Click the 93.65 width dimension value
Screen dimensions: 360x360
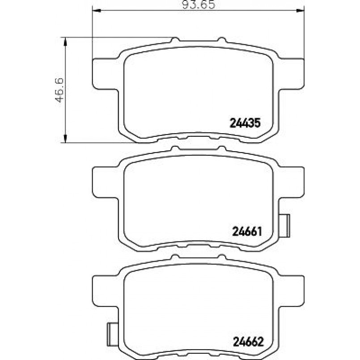[x=199, y=4]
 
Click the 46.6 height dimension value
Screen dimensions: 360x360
[x=59, y=90]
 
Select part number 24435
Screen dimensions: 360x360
[x=245, y=123]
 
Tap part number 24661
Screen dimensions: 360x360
[x=247, y=232]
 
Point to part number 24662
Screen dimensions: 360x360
[x=248, y=342]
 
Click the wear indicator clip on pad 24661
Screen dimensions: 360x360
[x=284, y=226]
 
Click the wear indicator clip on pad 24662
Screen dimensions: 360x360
[x=113, y=335]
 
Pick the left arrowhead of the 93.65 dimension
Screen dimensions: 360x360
[x=97, y=11]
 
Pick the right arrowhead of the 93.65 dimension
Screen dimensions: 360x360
[x=300, y=11]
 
